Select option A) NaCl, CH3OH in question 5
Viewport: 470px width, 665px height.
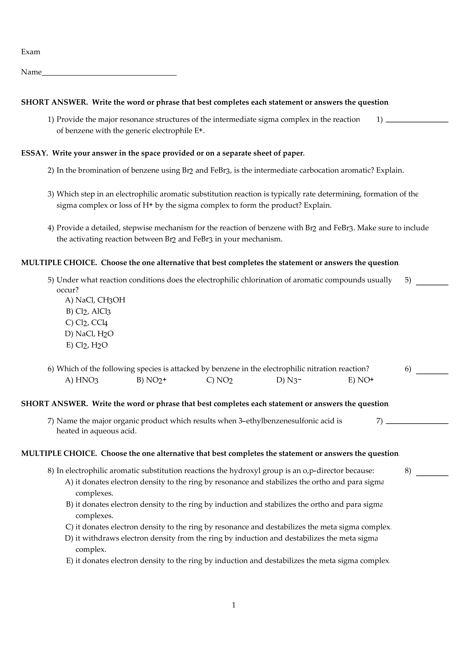pyautogui.click(x=95, y=300)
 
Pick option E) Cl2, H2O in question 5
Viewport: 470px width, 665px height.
pyautogui.click(x=87, y=345)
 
